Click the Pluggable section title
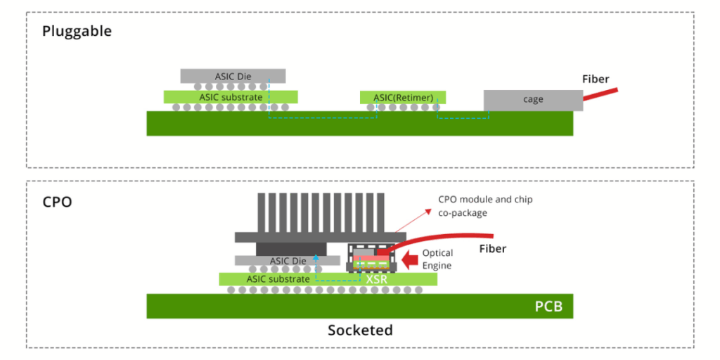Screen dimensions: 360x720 pos(77,31)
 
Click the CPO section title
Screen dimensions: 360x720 pos(57,202)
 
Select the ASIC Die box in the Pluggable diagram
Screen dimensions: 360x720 pos(233,75)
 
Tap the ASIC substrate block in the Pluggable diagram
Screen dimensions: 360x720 pos(231,96)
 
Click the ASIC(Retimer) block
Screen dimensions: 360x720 pos(403,97)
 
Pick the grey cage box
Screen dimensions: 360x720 pos(533,100)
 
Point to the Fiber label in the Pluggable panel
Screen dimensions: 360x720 pos(596,79)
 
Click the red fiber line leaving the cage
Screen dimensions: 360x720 pos(601,94)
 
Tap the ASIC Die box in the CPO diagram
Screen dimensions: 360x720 pos(289,260)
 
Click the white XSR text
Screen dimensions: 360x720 pos(376,279)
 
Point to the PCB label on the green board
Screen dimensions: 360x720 pos(548,307)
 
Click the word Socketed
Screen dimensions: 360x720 pos(360,330)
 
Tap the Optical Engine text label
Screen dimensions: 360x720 pos(437,259)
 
